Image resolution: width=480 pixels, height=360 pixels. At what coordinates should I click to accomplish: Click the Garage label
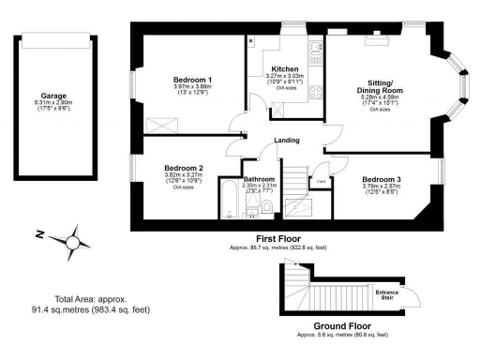(52, 95)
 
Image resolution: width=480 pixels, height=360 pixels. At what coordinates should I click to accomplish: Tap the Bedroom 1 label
(193, 80)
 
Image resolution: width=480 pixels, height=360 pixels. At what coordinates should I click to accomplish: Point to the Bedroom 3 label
(382, 178)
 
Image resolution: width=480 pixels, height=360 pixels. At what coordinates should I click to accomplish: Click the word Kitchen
(285, 69)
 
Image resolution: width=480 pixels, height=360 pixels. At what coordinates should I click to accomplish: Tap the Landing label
(287, 141)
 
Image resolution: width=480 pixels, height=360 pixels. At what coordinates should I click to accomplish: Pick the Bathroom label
(258, 178)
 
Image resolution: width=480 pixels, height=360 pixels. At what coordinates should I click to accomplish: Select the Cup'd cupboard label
(320, 182)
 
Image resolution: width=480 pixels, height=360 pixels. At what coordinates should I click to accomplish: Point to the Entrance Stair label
(387, 295)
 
